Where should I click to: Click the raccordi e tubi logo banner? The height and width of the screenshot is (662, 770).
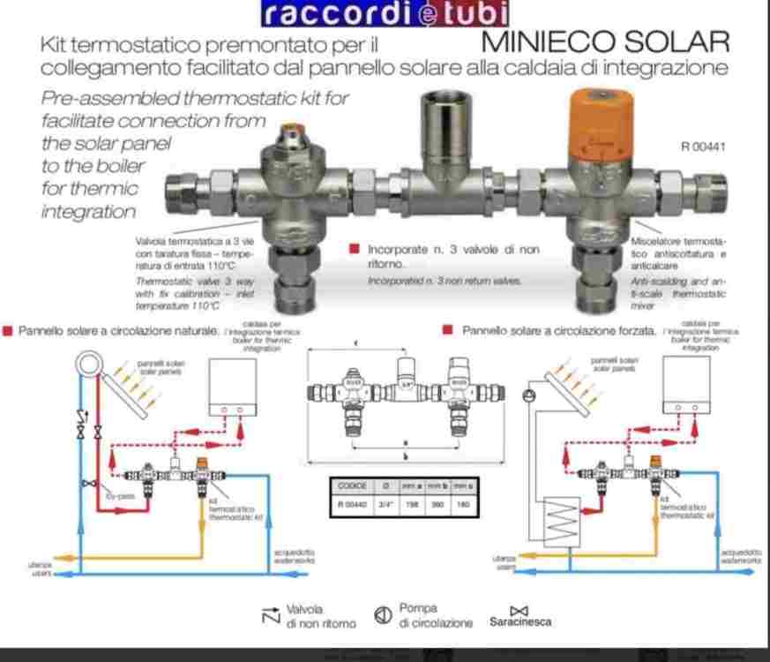pos(385,13)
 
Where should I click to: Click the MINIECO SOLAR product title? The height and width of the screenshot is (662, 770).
pos(606,42)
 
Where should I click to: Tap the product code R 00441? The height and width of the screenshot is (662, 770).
pos(703,147)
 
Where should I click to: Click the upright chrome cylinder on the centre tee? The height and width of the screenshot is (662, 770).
pos(439,124)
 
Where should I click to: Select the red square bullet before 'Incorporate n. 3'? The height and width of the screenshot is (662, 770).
pos(355,250)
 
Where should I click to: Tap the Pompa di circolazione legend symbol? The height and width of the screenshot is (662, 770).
pos(383,616)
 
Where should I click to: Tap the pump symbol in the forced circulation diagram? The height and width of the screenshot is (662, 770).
pos(531,395)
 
